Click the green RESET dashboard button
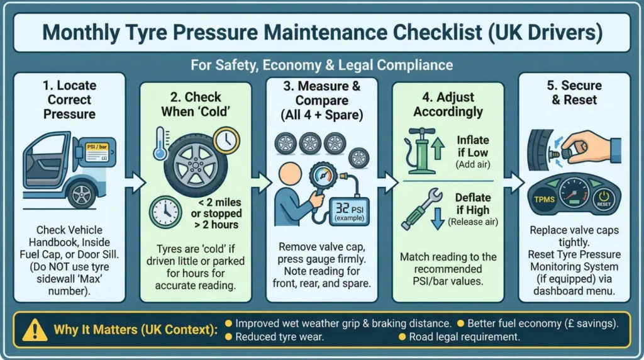click(x=602, y=201)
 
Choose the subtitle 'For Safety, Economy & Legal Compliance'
click(x=322, y=64)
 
